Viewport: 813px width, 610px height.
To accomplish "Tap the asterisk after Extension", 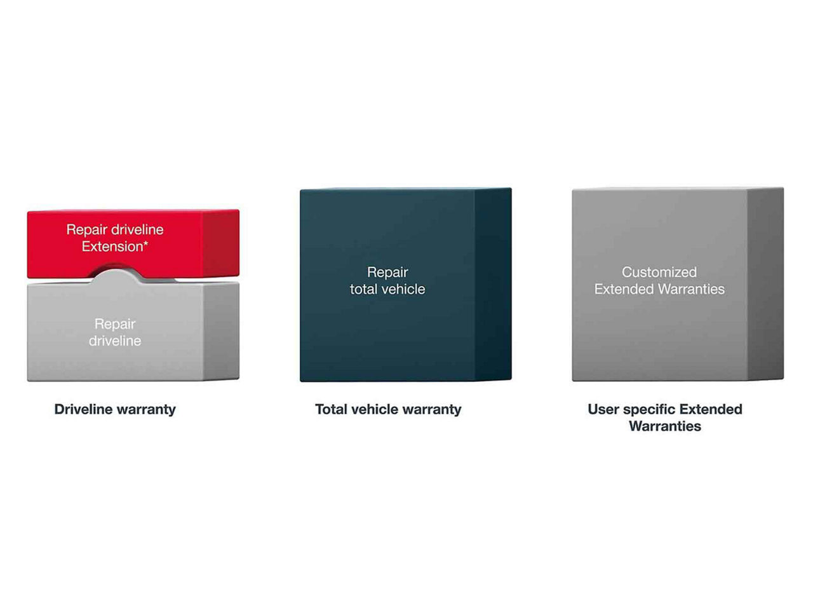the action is click(146, 243).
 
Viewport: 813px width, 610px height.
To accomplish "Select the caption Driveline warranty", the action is click(115, 410).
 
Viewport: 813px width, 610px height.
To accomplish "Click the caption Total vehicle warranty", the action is click(388, 410).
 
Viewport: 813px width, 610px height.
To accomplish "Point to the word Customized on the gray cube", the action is click(659, 272).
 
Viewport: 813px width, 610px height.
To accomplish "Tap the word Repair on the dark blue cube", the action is click(387, 273).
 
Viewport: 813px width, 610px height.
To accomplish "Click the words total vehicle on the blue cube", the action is click(387, 289).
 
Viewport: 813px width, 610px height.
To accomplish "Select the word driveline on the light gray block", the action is click(115, 341).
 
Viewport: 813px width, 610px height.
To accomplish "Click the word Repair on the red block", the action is click(86, 230).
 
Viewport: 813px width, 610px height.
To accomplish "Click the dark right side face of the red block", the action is click(221, 243).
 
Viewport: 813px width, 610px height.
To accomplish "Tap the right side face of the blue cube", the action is click(493, 285).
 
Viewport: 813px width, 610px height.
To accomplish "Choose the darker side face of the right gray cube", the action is click(765, 284).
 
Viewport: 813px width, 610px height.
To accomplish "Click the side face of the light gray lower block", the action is click(221, 331).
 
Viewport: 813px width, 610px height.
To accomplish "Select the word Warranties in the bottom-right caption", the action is click(665, 426).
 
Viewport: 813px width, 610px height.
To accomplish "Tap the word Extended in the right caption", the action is click(711, 409).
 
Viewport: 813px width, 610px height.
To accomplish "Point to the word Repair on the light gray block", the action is click(115, 325).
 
